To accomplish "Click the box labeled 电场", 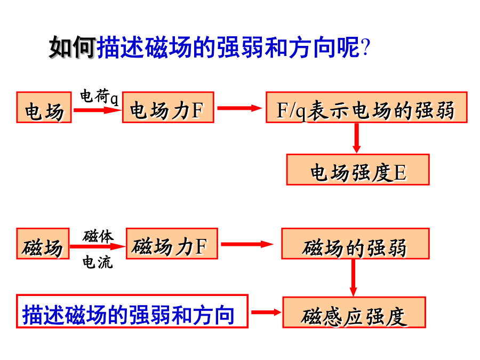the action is (x=44, y=107).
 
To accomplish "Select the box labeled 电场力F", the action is (x=168, y=107).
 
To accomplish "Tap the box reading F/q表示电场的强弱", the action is (x=366, y=107).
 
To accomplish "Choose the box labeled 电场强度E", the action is (x=358, y=170).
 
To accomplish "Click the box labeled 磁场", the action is (x=43, y=244).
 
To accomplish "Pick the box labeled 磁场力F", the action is (x=172, y=244).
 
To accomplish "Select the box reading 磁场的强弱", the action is (x=355, y=244).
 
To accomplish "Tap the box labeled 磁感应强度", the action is (x=354, y=312).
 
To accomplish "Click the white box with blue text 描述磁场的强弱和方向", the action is (x=132, y=311).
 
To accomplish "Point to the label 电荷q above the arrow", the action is (x=99, y=97).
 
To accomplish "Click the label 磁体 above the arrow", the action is (x=98, y=236).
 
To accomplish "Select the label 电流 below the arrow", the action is (x=98, y=262).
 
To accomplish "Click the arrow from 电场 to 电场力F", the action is (x=98, y=110).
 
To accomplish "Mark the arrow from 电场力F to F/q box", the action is (x=239, y=108).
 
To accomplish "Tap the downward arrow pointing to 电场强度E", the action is (x=356, y=138).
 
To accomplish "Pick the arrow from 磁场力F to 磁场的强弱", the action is (x=247, y=244).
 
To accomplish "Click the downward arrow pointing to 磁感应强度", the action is (x=353, y=278).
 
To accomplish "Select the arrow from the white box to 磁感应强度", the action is (x=266, y=312).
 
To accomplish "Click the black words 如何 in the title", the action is (x=72, y=47).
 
